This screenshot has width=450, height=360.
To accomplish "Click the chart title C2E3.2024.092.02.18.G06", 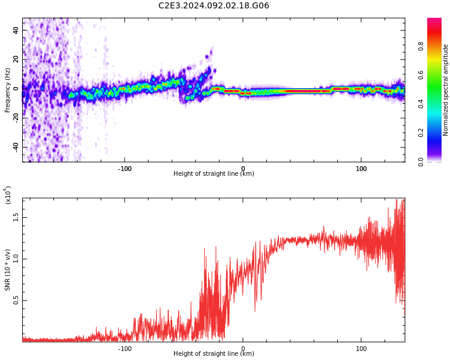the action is coord(214,5).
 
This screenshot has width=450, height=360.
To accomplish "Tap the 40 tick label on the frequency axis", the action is coord(16,30).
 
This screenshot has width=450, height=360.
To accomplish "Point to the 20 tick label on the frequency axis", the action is coord(16,59).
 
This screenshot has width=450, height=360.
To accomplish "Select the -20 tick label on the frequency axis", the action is coord(16,117).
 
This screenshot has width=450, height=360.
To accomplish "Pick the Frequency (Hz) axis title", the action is coord(7,90).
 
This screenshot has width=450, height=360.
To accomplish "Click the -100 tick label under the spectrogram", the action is coord(125,169).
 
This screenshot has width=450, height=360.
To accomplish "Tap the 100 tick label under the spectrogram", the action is coord(361,169).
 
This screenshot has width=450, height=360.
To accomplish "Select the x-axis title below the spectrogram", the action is coord(214,173).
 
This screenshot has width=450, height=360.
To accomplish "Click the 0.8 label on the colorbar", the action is coord(421,46).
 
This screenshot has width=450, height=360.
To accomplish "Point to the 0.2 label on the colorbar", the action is coord(421,133).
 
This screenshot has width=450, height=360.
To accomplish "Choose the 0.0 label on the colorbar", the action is coord(421,162).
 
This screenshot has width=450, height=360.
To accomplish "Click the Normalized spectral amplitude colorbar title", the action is coord(445,90).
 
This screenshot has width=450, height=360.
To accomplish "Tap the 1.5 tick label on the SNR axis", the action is coord(16,218).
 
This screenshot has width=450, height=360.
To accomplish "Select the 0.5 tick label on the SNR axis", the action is coord(16,301).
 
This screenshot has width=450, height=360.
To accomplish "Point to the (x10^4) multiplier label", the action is coord(7,195).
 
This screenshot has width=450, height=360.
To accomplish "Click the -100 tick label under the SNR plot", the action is coord(125,349).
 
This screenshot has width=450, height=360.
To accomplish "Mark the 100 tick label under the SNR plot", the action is coord(361,349).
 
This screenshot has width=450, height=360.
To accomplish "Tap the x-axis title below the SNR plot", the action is coord(214,353).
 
